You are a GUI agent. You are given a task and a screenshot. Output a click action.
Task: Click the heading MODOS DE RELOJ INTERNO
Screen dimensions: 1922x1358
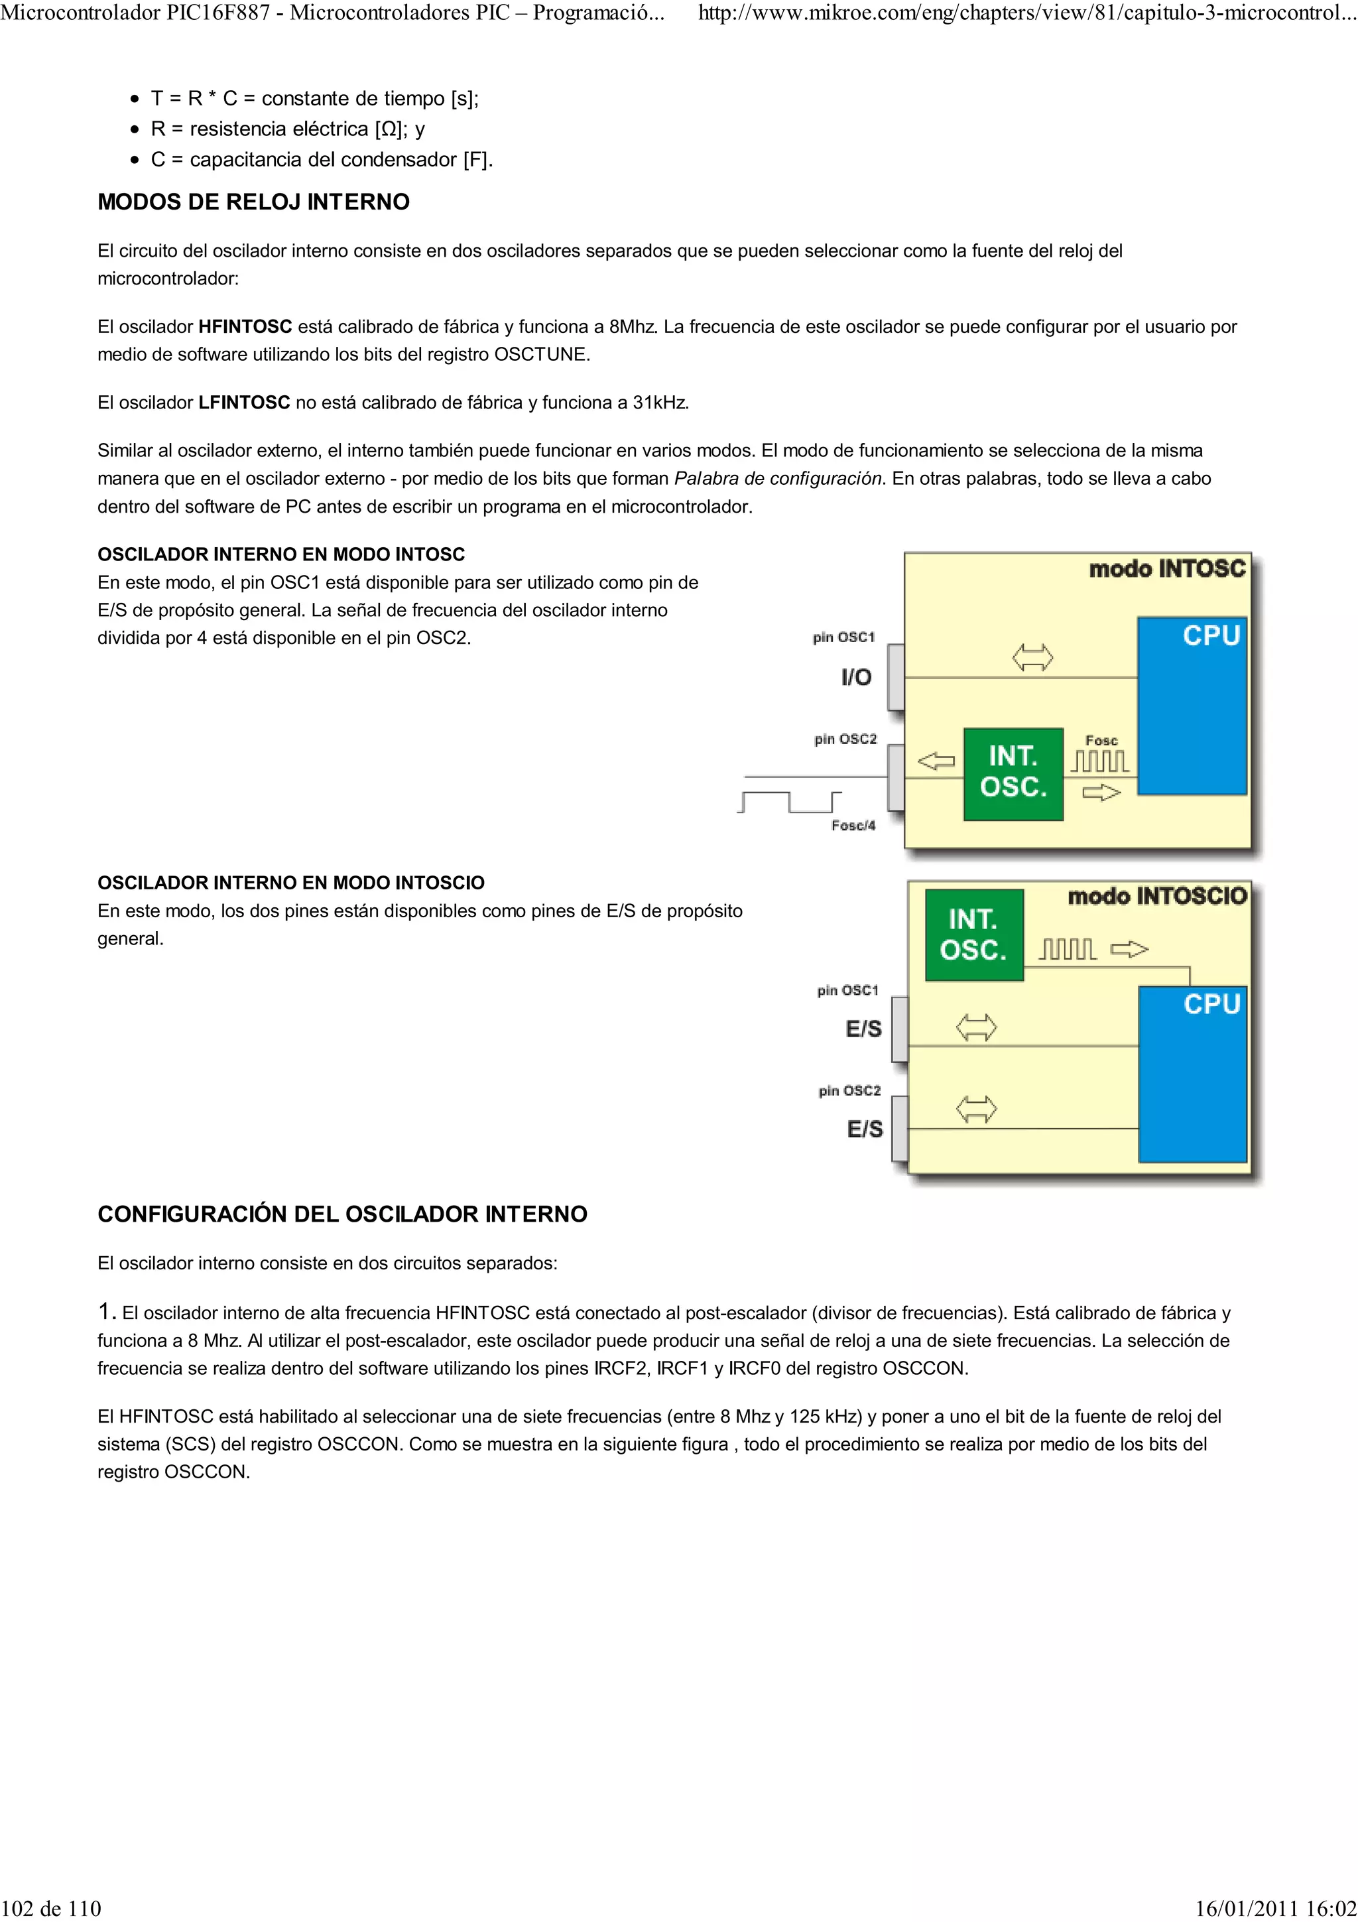[x=253, y=202]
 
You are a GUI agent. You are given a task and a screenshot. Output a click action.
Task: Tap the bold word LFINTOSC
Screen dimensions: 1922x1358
[x=243, y=403]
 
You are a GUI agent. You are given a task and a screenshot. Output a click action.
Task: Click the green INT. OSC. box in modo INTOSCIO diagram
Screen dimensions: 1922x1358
[x=974, y=934]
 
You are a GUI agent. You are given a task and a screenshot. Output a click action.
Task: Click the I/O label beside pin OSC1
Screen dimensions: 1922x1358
[x=857, y=677]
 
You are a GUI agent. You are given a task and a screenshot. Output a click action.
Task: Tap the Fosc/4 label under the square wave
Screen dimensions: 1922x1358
[x=853, y=826]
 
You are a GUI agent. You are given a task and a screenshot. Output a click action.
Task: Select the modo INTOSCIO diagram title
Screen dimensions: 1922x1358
[x=1156, y=897]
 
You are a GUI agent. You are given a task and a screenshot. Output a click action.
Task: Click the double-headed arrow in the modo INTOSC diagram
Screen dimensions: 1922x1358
[x=1032, y=657]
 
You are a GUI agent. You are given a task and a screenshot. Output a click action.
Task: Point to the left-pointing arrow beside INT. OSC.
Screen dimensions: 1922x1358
[x=936, y=761]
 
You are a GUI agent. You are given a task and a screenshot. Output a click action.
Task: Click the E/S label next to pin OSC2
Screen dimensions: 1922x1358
[x=865, y=1129]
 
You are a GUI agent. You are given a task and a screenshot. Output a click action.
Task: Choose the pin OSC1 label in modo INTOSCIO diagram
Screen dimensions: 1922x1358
[x=847, y=990]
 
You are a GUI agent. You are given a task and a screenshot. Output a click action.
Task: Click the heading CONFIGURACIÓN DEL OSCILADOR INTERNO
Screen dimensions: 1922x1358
[x=342, y=1214]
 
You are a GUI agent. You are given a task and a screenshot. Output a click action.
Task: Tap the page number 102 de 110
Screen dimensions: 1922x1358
[x=52, y=1908]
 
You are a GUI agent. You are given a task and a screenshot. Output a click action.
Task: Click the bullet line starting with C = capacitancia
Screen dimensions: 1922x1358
[x=322, y=159]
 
